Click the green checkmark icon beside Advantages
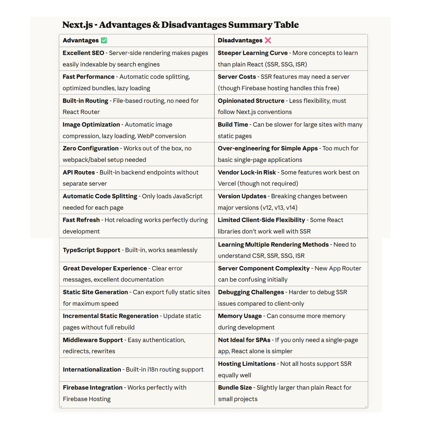point(104,40)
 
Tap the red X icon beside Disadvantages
point(268,40)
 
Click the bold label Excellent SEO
point(83,53)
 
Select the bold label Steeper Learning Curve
point(253,53)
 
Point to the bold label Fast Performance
point(88,77)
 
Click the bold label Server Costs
point(237,77)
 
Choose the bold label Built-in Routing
point(85,101)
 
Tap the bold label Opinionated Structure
point(251,101)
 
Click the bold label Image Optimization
point(91,125)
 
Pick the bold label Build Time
point(233,125)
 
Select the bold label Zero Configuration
point(90,148)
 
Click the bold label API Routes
point(79,172)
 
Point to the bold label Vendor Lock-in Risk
point(247,172)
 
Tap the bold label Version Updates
point(242,196)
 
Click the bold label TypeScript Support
point(92,250)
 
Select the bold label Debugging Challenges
point(251,292)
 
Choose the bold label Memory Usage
point(240,316)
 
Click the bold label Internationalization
point(92,370)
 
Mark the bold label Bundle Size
point(235,388)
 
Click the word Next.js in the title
point(78,25)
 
